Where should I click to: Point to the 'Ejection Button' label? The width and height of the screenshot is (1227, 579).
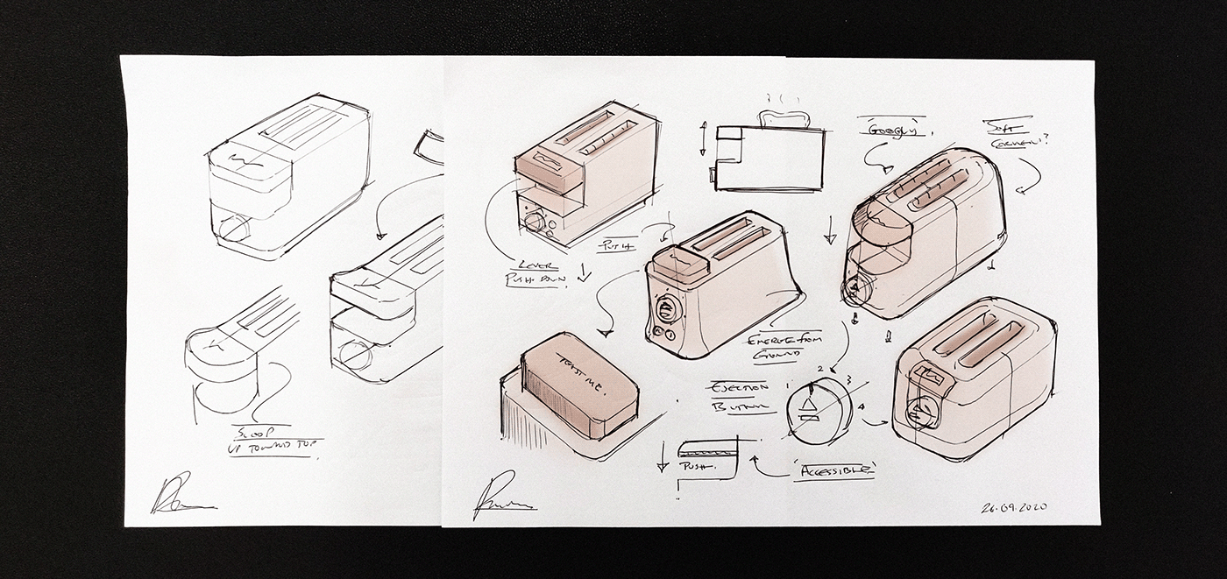738,397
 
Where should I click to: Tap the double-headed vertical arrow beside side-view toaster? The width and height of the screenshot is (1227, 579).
703,138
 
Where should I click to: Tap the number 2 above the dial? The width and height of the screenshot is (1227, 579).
820,368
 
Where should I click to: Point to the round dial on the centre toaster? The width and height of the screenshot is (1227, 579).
666,311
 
